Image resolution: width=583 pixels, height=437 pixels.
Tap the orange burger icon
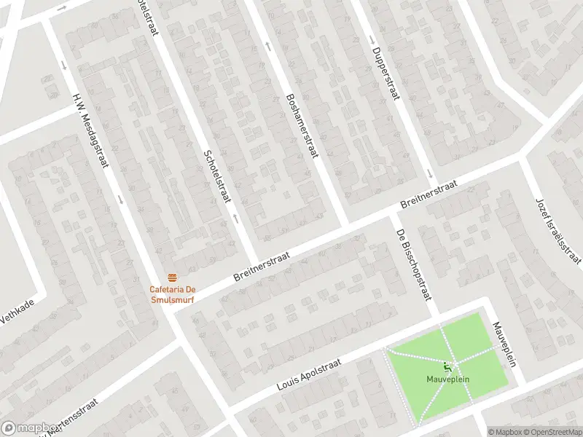(x=173, y=277)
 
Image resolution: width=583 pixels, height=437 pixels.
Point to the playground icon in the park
(x=447, y=366)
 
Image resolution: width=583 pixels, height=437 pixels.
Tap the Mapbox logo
(x=29, y=428)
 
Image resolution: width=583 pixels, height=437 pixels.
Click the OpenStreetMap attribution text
(x=551, y=432)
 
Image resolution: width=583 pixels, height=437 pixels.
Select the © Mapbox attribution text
(x=505, y=432)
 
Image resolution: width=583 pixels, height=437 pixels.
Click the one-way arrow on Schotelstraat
(x=235, y=217)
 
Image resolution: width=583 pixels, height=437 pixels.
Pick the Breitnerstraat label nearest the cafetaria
(x=262, y=268)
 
